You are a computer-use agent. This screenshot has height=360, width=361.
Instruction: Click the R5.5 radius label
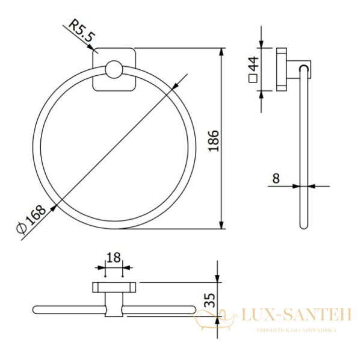click(82, 31)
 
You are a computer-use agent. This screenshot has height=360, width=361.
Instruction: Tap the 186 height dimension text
click(214, 141)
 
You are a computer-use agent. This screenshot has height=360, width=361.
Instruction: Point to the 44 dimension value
click(255, 64)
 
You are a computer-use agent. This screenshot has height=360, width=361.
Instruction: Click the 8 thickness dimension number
click(276, 178)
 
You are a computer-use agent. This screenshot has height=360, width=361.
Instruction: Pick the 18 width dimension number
click(114, 258)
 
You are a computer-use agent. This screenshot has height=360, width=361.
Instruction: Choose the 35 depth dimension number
click(210, 300)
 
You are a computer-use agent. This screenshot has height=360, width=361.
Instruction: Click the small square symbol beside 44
click(253, 78)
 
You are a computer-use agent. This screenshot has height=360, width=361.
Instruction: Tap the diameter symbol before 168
click(22, 228)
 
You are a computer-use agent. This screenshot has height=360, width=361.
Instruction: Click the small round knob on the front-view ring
click(114, 69)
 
